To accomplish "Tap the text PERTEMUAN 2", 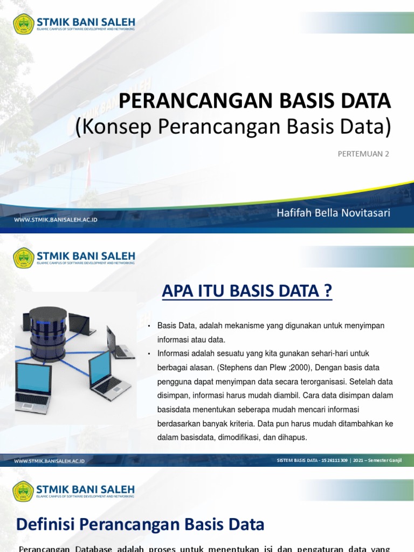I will tap(363, 154).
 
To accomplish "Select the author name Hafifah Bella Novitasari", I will tap(333, 212).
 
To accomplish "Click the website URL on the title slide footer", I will tap(56, 220).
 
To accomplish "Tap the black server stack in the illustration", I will tap(48, 332).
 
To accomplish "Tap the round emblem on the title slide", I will tap(23, 23).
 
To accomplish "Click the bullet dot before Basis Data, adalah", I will tap(149, 326).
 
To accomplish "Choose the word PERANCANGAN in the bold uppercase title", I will tap(187, 101).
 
